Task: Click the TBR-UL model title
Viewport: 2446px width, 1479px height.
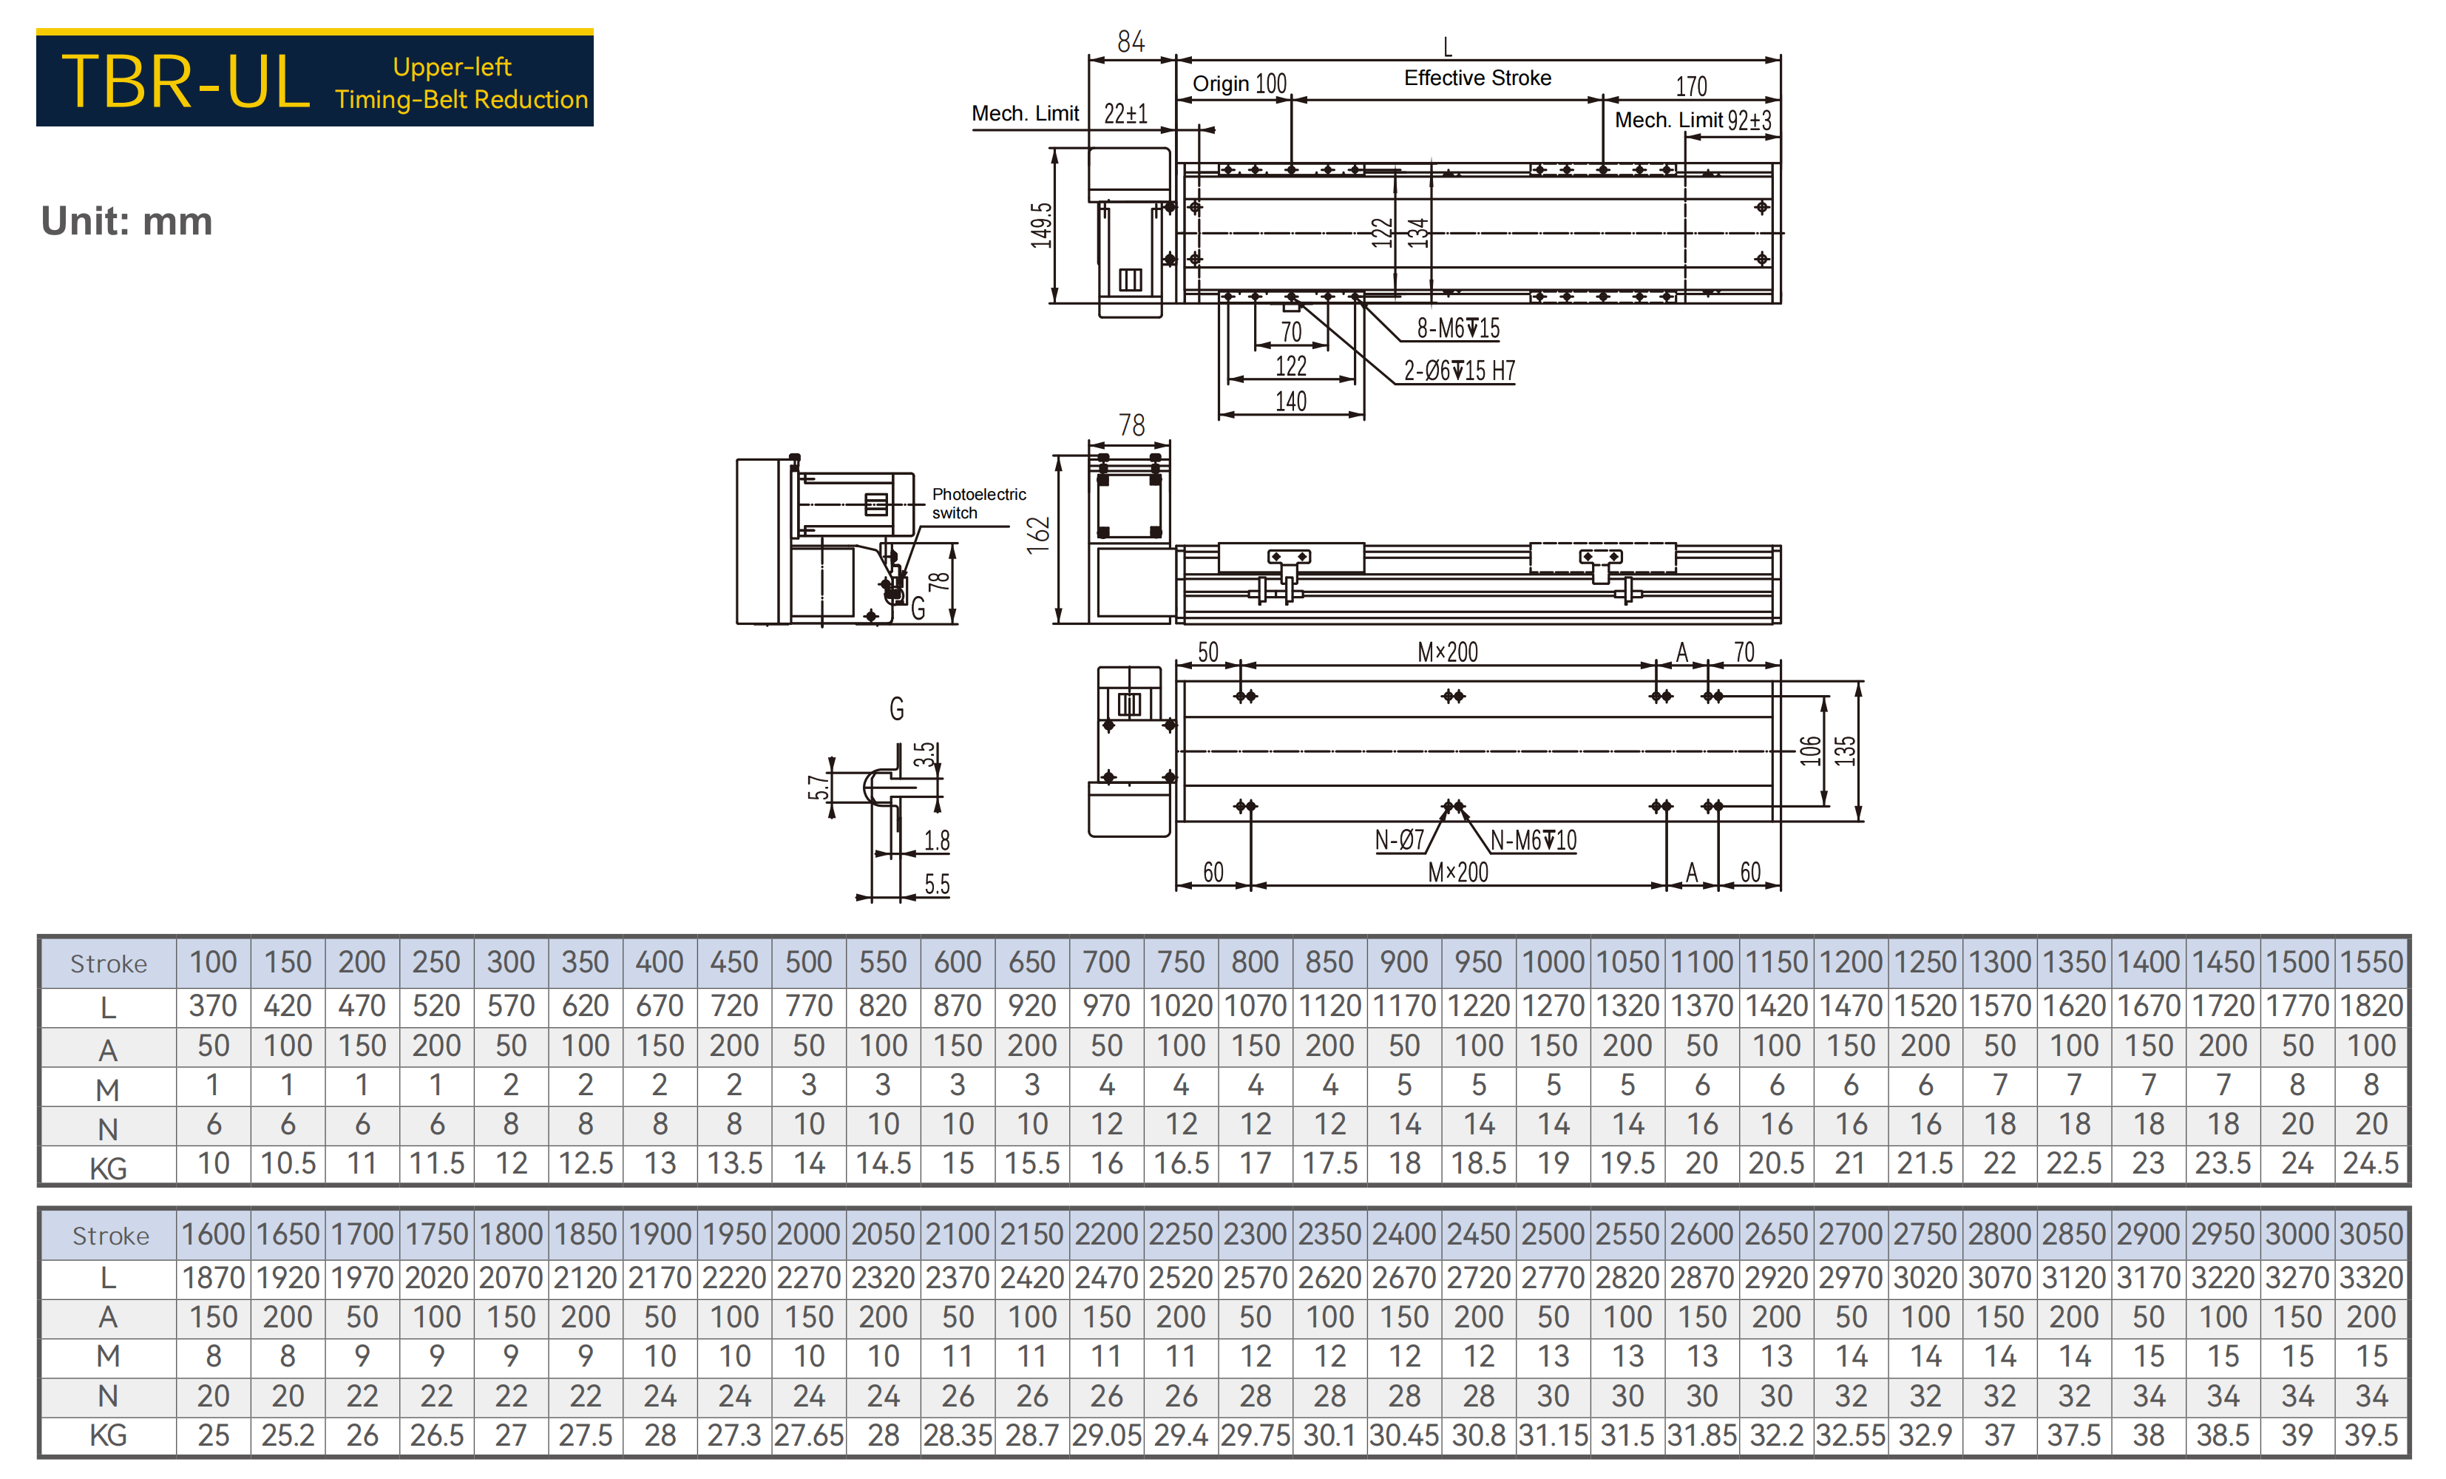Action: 186,81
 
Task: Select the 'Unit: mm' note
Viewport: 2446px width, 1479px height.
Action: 127,220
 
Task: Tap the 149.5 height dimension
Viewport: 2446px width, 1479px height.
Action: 1040,226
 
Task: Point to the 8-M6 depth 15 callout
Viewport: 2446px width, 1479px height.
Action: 1457,328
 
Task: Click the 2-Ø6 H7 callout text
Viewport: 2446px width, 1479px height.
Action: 1460,370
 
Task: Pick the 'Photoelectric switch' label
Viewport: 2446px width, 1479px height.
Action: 979,504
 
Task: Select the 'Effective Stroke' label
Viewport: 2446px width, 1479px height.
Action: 1477,78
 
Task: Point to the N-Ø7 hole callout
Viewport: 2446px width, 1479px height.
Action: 1400,840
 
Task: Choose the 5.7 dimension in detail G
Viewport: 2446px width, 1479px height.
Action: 818,788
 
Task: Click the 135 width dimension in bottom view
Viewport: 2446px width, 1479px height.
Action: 1844,751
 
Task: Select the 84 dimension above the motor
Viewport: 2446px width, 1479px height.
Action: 1131,41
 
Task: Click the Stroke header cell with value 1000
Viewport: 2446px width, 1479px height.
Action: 1553,962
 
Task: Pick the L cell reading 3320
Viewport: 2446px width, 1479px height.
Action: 2371,1278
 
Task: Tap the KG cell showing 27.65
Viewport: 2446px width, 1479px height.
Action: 809,1435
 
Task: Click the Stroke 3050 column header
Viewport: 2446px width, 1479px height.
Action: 2371,1233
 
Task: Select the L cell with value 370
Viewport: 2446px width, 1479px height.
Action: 214,1006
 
